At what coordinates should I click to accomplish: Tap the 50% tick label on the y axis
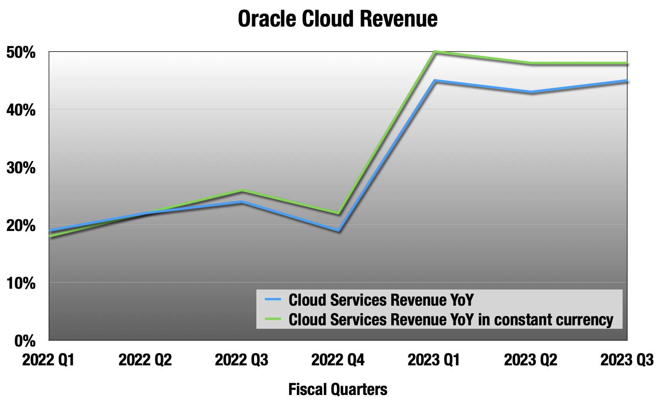click(x=21, y=52)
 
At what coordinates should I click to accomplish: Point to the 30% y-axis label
click(x=21, y=168)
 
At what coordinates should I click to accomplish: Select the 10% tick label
click(x=21, y=283)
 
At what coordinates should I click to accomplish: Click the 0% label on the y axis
click(x=25, y=341)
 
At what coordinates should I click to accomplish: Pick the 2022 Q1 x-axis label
click(x=48, y=360)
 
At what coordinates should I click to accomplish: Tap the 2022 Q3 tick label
click(x=241, y=360)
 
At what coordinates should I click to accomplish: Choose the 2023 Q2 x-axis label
click(x=530, y=360)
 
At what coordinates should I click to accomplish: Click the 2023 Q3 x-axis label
click(x=627, y=360)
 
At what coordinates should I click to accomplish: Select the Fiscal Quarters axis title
click(x=337, y=390)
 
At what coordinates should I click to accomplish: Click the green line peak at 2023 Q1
click(x=434, y=52)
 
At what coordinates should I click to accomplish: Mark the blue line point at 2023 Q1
click(x=434, y=81)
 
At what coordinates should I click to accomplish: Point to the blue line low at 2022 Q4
click(x=338, y=231)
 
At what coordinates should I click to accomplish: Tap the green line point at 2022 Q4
click(x=338, y=213)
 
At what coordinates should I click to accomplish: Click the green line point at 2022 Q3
click(x=242, y=191)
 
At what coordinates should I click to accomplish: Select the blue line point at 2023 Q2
click(x=531, y=92)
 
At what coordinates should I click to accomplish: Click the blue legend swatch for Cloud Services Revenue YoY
click(x=273, y=300)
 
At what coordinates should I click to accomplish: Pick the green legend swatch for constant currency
click(x=273, y=319)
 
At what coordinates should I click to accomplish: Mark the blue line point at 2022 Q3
click(x=242, y=202)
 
